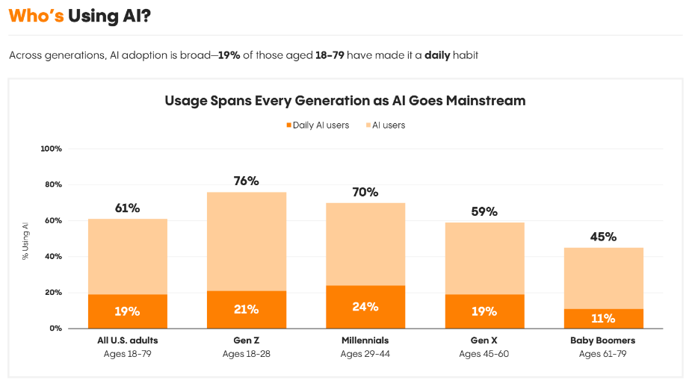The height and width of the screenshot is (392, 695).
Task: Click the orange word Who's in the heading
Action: tap(36, 16)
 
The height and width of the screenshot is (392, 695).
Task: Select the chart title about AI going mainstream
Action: tap(345, 100)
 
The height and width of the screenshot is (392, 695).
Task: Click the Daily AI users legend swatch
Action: tap(288, 125)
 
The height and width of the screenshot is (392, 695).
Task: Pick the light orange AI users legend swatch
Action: tap(368, 125)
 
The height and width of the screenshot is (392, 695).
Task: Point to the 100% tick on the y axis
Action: tap(51, 149)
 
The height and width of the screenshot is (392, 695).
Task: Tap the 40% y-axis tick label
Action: tap(53, 257)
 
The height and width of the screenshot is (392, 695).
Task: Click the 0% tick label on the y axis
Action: tap(55, 329)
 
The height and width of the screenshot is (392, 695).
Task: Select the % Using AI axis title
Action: tap(25, 239)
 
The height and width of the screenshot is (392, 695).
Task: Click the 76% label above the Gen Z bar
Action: tap(246, 181)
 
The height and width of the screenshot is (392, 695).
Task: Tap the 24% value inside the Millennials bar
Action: tap(365, 307)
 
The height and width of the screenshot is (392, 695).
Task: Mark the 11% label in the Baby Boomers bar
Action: tap(603, 319)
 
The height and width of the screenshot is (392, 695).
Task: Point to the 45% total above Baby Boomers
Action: tap(603, 237)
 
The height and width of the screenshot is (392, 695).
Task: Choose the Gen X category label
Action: tap(484, 340)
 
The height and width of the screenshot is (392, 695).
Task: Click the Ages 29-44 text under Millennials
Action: tap(365, 353)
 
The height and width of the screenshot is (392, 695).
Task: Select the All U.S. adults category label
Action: tap(127, 340)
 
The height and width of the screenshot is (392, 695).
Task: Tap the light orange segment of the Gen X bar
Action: tap(484, 258)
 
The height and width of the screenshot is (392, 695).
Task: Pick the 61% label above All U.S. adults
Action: tap(127, 208)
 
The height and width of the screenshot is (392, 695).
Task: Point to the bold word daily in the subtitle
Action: tap(437, 56)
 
